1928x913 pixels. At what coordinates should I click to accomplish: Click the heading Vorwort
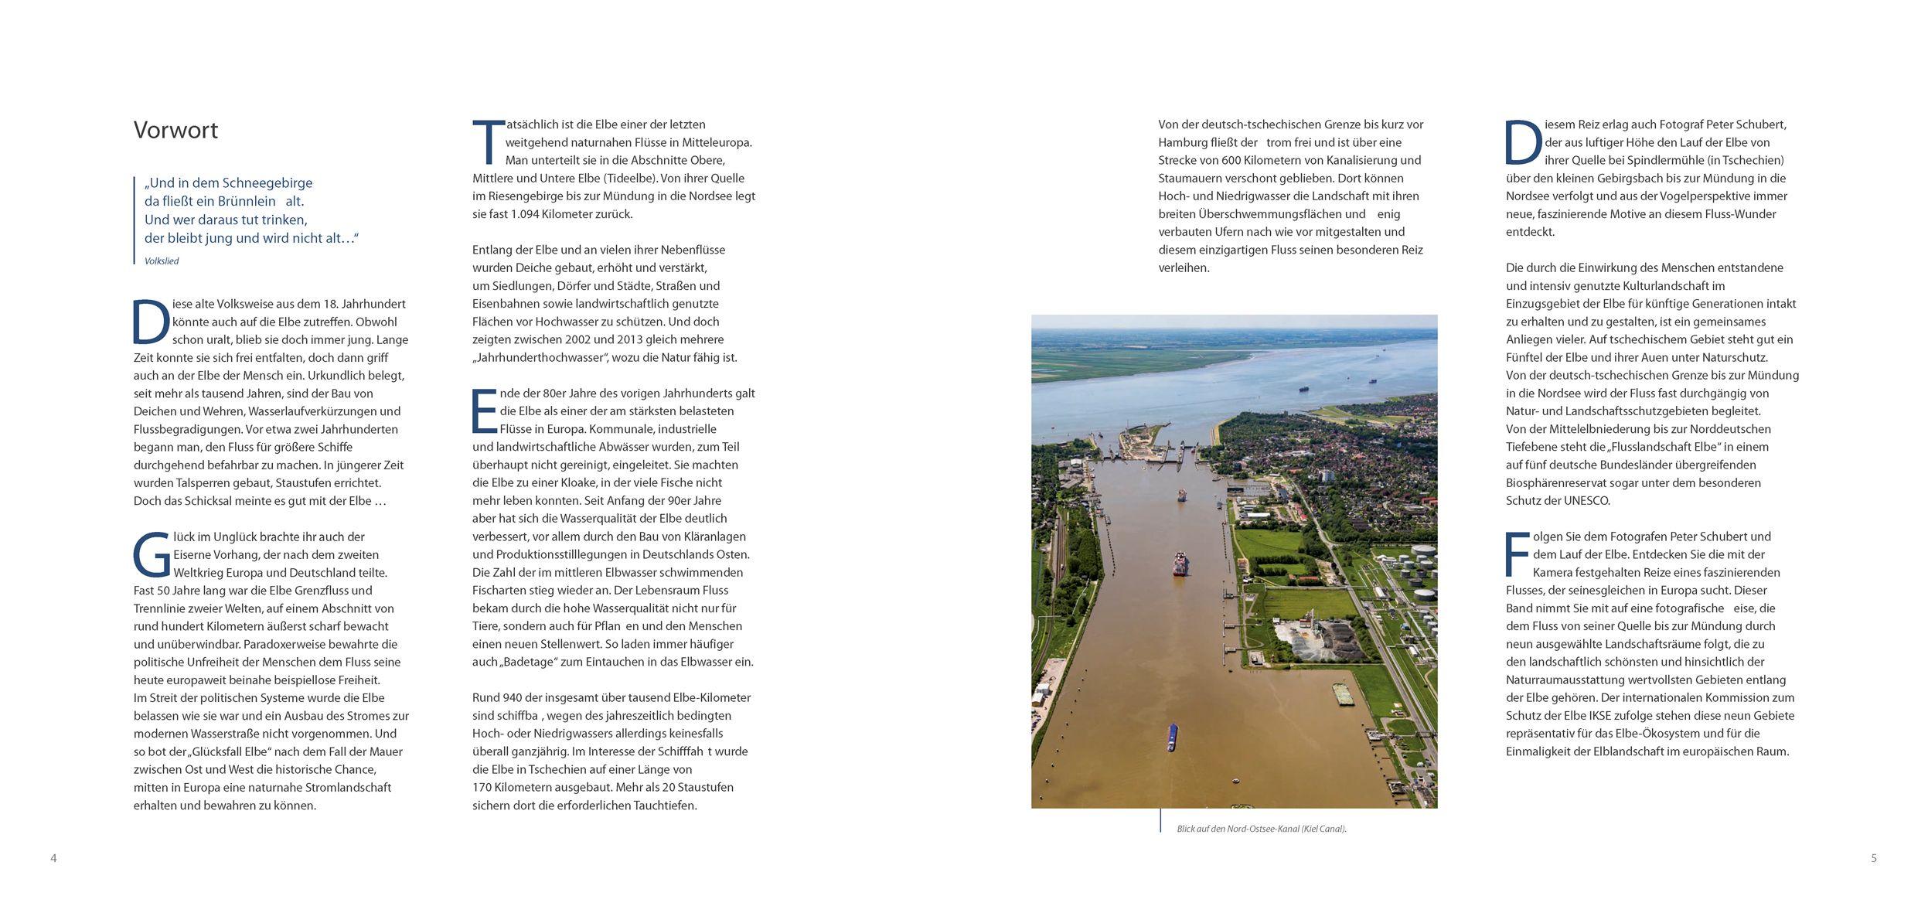tap(175, 130)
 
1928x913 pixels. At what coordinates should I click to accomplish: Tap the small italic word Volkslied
tap(162, 261)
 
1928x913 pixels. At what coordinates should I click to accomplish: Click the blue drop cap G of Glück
tap(151, 556)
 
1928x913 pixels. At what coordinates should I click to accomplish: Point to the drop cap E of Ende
tap(484, 411)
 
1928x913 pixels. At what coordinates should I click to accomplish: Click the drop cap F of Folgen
tap(1517, 554)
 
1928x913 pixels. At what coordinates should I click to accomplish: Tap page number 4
tap(53, 858)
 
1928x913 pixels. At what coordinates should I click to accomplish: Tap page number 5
tap(1873, 858)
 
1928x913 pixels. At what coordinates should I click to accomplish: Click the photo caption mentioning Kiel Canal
tap(1261, 829)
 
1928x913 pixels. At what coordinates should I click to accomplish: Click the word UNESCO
tap(1580, 501)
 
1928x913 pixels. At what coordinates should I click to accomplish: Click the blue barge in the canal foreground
tap(1173, 738)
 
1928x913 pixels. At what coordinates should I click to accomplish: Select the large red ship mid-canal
tap(1181, 564)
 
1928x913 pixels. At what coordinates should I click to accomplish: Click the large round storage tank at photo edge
tap(1425, 599)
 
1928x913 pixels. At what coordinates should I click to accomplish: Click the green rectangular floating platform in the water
tap(1347, 695)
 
